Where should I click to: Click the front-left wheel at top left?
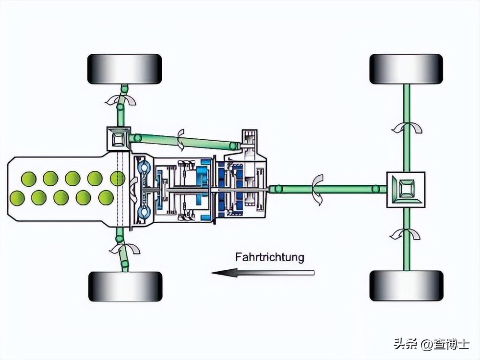[x=124, y=69]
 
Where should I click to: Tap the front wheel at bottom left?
[x=125, y=286]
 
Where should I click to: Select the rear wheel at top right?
[x=406, y=69]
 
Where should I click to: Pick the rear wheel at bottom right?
[x=406, y=286]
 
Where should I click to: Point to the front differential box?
[x=118, y=139]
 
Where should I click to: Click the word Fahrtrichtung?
[x=270, y=257]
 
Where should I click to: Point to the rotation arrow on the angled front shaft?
[x=181, y=139]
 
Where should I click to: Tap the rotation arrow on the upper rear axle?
[x=407, y=127]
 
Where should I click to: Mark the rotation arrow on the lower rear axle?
[x=406, y=234]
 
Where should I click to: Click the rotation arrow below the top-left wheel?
[x=121, y=99]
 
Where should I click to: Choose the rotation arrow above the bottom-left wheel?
[x=124, y=249]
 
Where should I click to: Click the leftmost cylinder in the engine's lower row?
[x=17, y=197]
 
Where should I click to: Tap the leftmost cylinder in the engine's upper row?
[x=28, y=179]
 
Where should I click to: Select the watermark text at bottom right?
[x=432, y=344]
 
